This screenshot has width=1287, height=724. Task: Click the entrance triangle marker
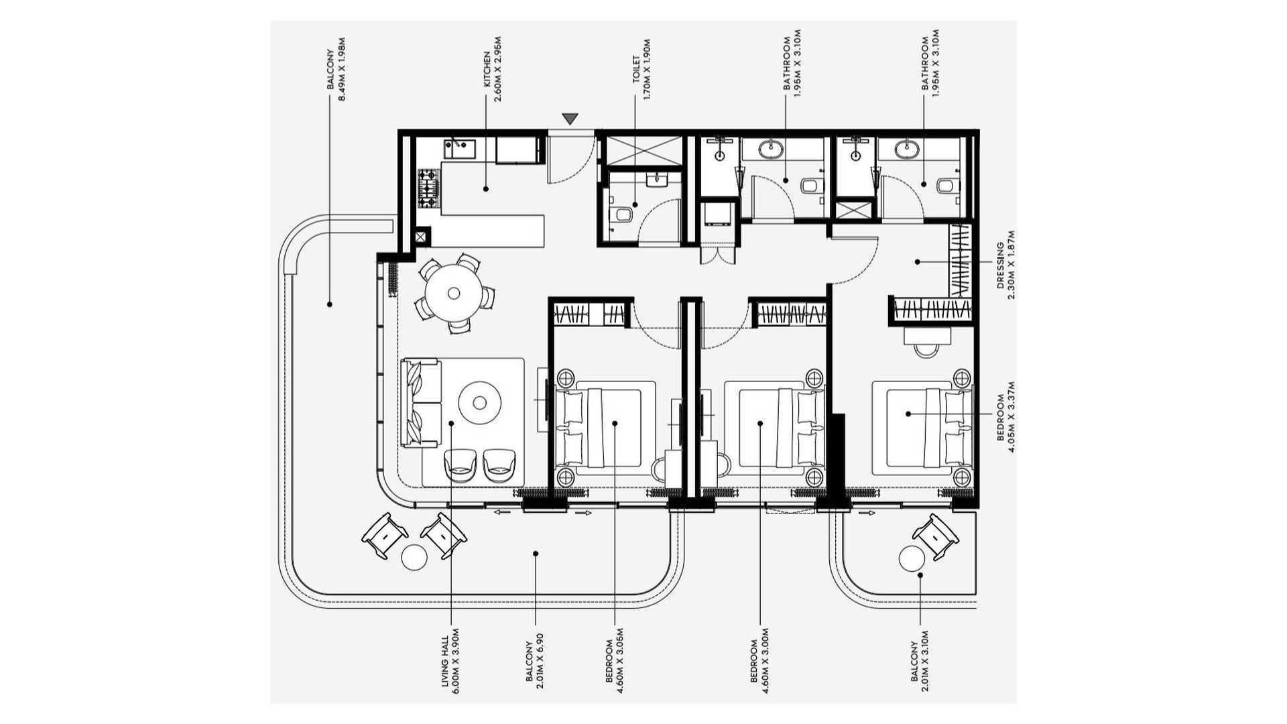(x=570, y=119)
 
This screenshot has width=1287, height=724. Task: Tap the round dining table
(x=453, y=293)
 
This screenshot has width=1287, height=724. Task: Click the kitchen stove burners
(x=428, y=188)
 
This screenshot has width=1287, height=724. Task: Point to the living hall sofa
(x=420, y=403)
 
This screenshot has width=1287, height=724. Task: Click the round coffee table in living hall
(x=479, y=402)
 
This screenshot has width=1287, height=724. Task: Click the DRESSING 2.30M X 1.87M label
(x=1005, y=265)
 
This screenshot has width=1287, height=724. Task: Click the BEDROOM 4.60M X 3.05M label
(x=614, y=660)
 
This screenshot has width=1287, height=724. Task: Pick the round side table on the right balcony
(x=912, y=558)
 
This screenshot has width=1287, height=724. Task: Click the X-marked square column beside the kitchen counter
(x=421, y=237)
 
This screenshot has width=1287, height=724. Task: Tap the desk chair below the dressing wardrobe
(x=926, y=349)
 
